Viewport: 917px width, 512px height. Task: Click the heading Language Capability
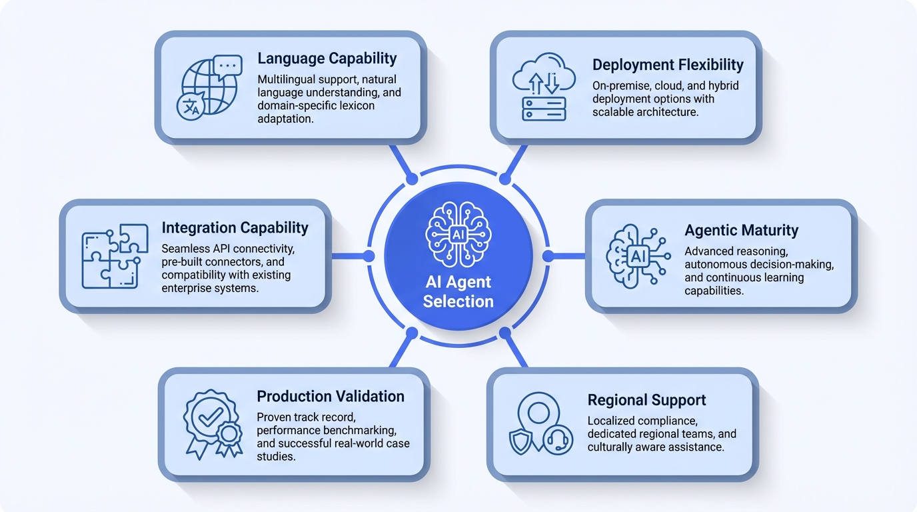(327, 59)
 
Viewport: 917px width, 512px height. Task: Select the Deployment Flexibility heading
(668, 65)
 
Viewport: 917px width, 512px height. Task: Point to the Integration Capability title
(235, 228)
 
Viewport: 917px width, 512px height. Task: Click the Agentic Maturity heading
(741, 231)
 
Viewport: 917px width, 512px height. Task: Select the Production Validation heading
(331, 396)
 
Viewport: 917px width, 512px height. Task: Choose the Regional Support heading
(646, 401)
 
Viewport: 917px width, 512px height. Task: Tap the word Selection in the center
(458, 301)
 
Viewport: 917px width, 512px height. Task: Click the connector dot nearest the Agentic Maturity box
(548, 256)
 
